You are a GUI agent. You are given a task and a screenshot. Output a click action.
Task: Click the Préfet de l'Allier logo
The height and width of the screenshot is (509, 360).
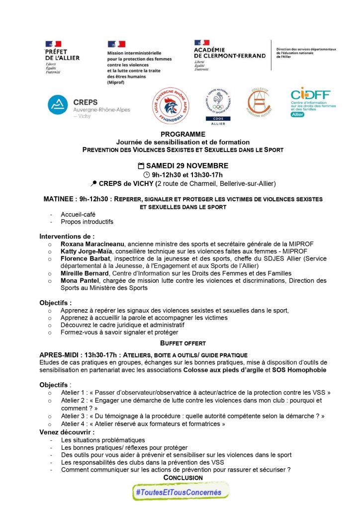(x=62, y=57)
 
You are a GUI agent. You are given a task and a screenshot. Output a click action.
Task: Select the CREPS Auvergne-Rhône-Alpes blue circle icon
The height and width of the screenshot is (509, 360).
(x=57, y=105)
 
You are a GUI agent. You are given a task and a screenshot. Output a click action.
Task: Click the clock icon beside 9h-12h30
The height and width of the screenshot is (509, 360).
(x=146, y=174)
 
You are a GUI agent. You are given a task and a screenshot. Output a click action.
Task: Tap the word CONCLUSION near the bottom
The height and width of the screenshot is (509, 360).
(x=183, y=478)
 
